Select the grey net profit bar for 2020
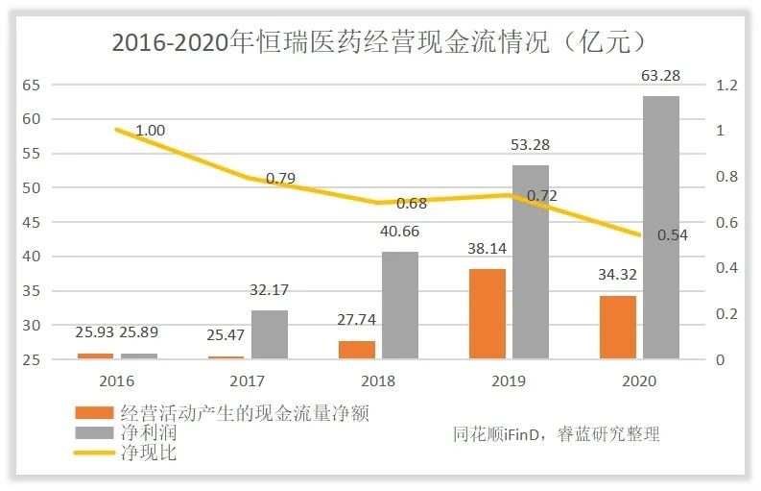click(x=660, y=228)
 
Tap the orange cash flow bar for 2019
click(x=487, y=314)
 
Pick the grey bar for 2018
click(x=400, y=306)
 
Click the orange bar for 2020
click(x=617, y=328)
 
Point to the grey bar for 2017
click(x=270, y=334)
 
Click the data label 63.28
click(x=660, y=76)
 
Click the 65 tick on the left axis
click(x=32, y=85)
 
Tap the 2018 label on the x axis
click(x=378, y=381)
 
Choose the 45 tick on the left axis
click(x=32, y=222)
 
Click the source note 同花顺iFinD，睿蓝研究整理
click(x=557, y=434)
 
